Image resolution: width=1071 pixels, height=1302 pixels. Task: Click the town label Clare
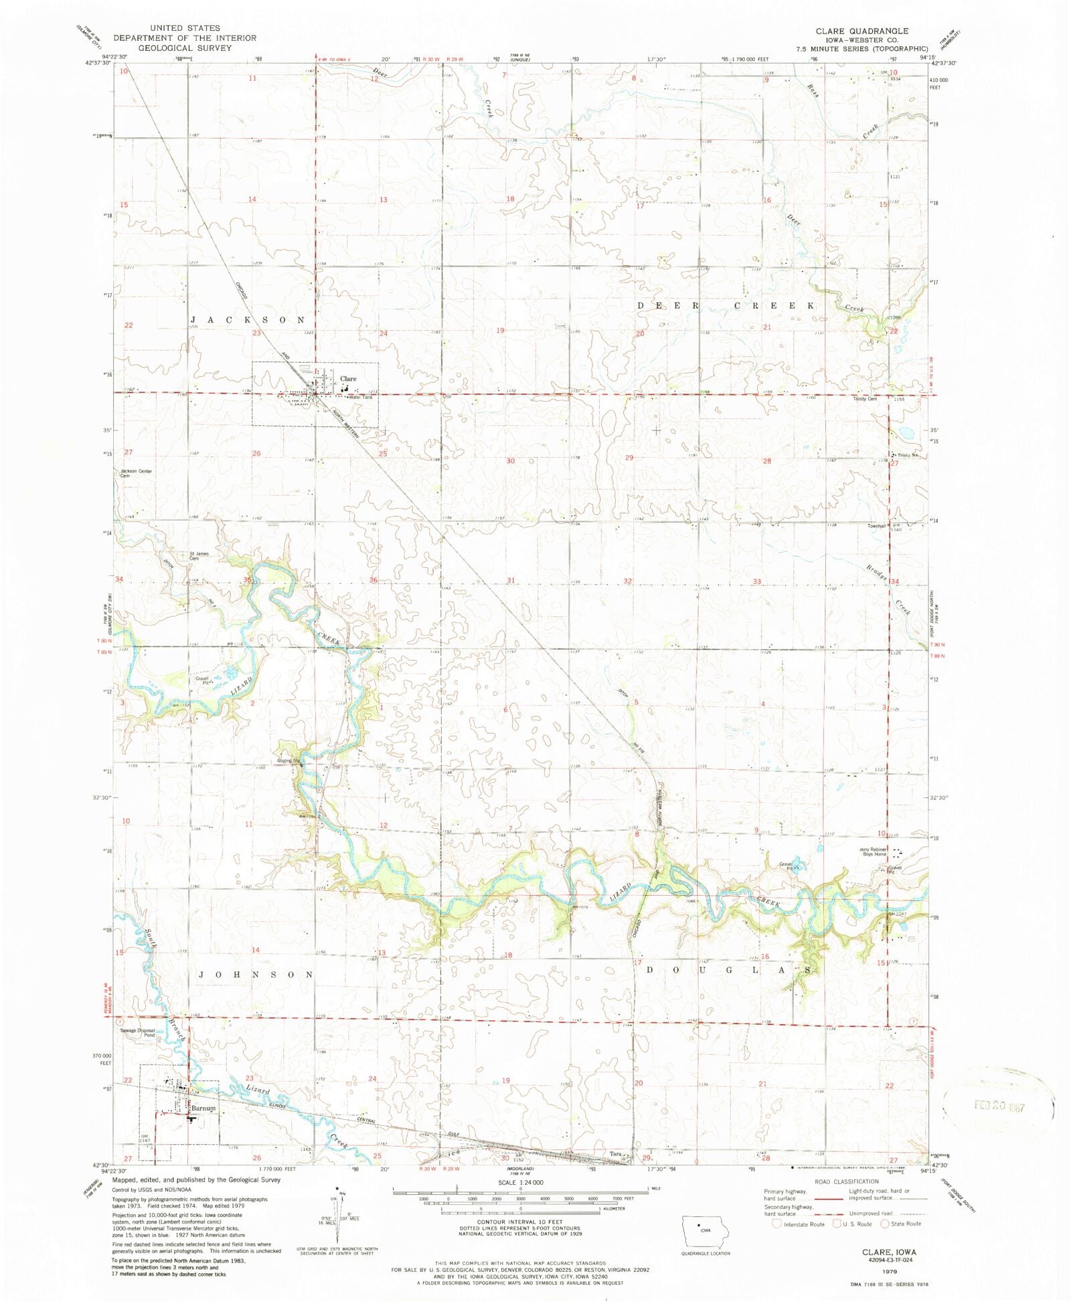point(348,379)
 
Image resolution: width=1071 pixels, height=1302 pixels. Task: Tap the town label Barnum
point(203,1108)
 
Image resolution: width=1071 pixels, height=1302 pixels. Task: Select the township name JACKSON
point(248,320)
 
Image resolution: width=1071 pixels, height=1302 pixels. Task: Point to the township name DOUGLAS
point(730,969)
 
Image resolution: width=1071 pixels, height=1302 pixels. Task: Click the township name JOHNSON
point(256,975)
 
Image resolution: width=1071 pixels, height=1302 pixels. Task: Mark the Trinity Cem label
point(864,398)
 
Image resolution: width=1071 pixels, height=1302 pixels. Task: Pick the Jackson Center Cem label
point(136,473)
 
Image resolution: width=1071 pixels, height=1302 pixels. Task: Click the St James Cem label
point(199,556)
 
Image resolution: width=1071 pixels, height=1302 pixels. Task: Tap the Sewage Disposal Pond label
point(138,1033)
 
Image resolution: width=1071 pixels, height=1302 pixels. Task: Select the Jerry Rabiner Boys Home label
point(874,851)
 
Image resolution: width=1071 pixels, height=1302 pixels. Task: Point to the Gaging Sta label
point(289,760)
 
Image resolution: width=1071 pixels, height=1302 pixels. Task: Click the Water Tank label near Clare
point(361,397)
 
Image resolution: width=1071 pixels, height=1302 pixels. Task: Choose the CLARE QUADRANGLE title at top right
point(861,31)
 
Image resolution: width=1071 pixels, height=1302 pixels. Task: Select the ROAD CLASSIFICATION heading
point(846,1182)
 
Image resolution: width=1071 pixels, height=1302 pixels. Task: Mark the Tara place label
point(616,1153)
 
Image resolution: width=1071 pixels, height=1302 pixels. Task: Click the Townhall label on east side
point(876,525)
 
